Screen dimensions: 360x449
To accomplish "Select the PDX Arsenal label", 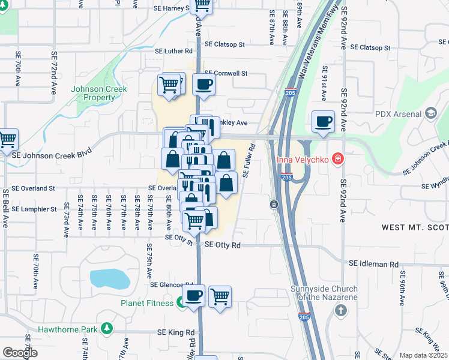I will (x=398, y=113).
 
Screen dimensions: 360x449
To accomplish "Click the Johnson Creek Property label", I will (x=93, y=93).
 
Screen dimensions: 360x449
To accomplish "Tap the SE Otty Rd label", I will (x=222, y=245).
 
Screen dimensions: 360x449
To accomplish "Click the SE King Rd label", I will (x=176, y=332).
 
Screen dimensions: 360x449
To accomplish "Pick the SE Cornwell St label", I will (x=226, y=73).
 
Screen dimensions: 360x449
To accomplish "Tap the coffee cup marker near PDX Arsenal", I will (x=323, y=122).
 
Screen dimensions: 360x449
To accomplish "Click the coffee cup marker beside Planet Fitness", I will (x=193, y=296).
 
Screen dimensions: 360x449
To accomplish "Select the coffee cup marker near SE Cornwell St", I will (x=203, y=84).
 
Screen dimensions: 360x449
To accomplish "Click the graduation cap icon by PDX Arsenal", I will (x=430, y=113).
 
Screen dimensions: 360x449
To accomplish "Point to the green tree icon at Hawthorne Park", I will (x=107, y=329).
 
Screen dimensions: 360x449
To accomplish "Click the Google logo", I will (x=20, y=353).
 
